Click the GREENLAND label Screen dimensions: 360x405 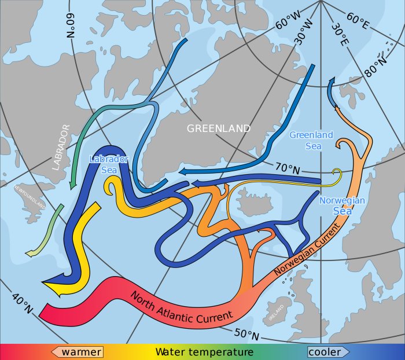pyautogui.click(x=219, y=128)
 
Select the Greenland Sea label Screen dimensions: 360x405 pyautogui.click(x=311, y=141)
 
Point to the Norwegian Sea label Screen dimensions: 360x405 pyautogui.click(x=342, y=206)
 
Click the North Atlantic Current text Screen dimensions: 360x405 pyautogui.click(x=182, y=306)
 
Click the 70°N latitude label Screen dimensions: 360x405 pyautogui.click(x=288, y=169)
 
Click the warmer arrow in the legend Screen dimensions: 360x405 pyautogui.click(x=78, y=352)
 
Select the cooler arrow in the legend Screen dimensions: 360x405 pyautogui.click(x=328, y=352)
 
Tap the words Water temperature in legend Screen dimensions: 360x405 pyautogui.click(x=204, y=352)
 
